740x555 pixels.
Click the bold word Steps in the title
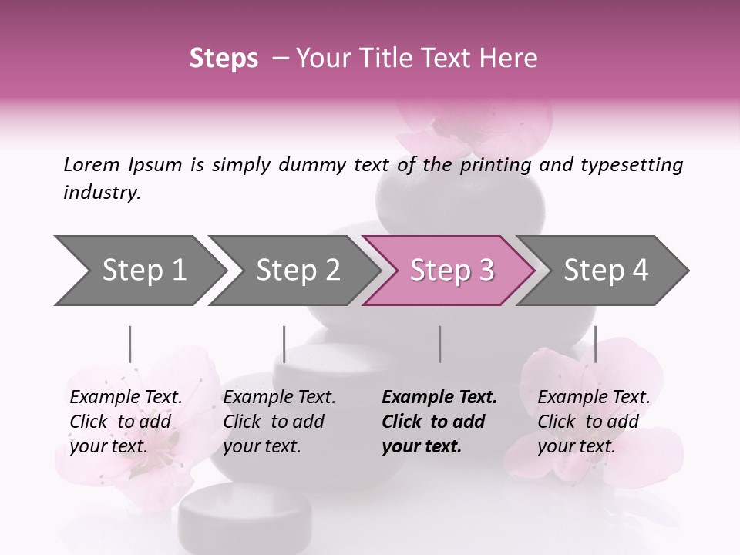[224, 59]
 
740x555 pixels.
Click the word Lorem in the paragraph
[91, 165]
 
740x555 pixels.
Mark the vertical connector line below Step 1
[130, 344]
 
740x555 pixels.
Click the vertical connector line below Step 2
[284, 344]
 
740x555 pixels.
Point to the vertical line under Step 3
[440, 344]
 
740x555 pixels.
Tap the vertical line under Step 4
[596, 344]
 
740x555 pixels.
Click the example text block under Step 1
[125, 422]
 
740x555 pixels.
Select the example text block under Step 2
[278, 422]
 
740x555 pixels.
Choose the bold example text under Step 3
[439, 422]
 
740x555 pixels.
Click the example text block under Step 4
[593, 422]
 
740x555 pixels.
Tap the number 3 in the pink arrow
[486, 271]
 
